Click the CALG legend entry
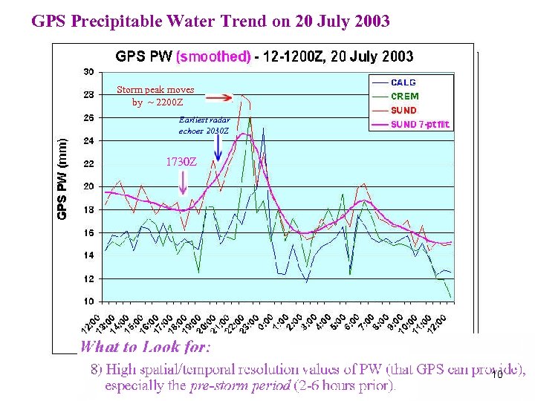coord(403,82)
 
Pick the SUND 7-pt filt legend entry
coord(421,124)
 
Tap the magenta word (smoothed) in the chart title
coord(213,56)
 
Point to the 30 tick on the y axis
coord(88,72)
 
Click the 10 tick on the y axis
coord(88,301)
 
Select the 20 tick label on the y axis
coord(88,186)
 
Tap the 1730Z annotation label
coord(181,161)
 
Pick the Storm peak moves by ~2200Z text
coord(155,96)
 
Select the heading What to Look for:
coord(146,347)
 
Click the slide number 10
coord(497,376)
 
